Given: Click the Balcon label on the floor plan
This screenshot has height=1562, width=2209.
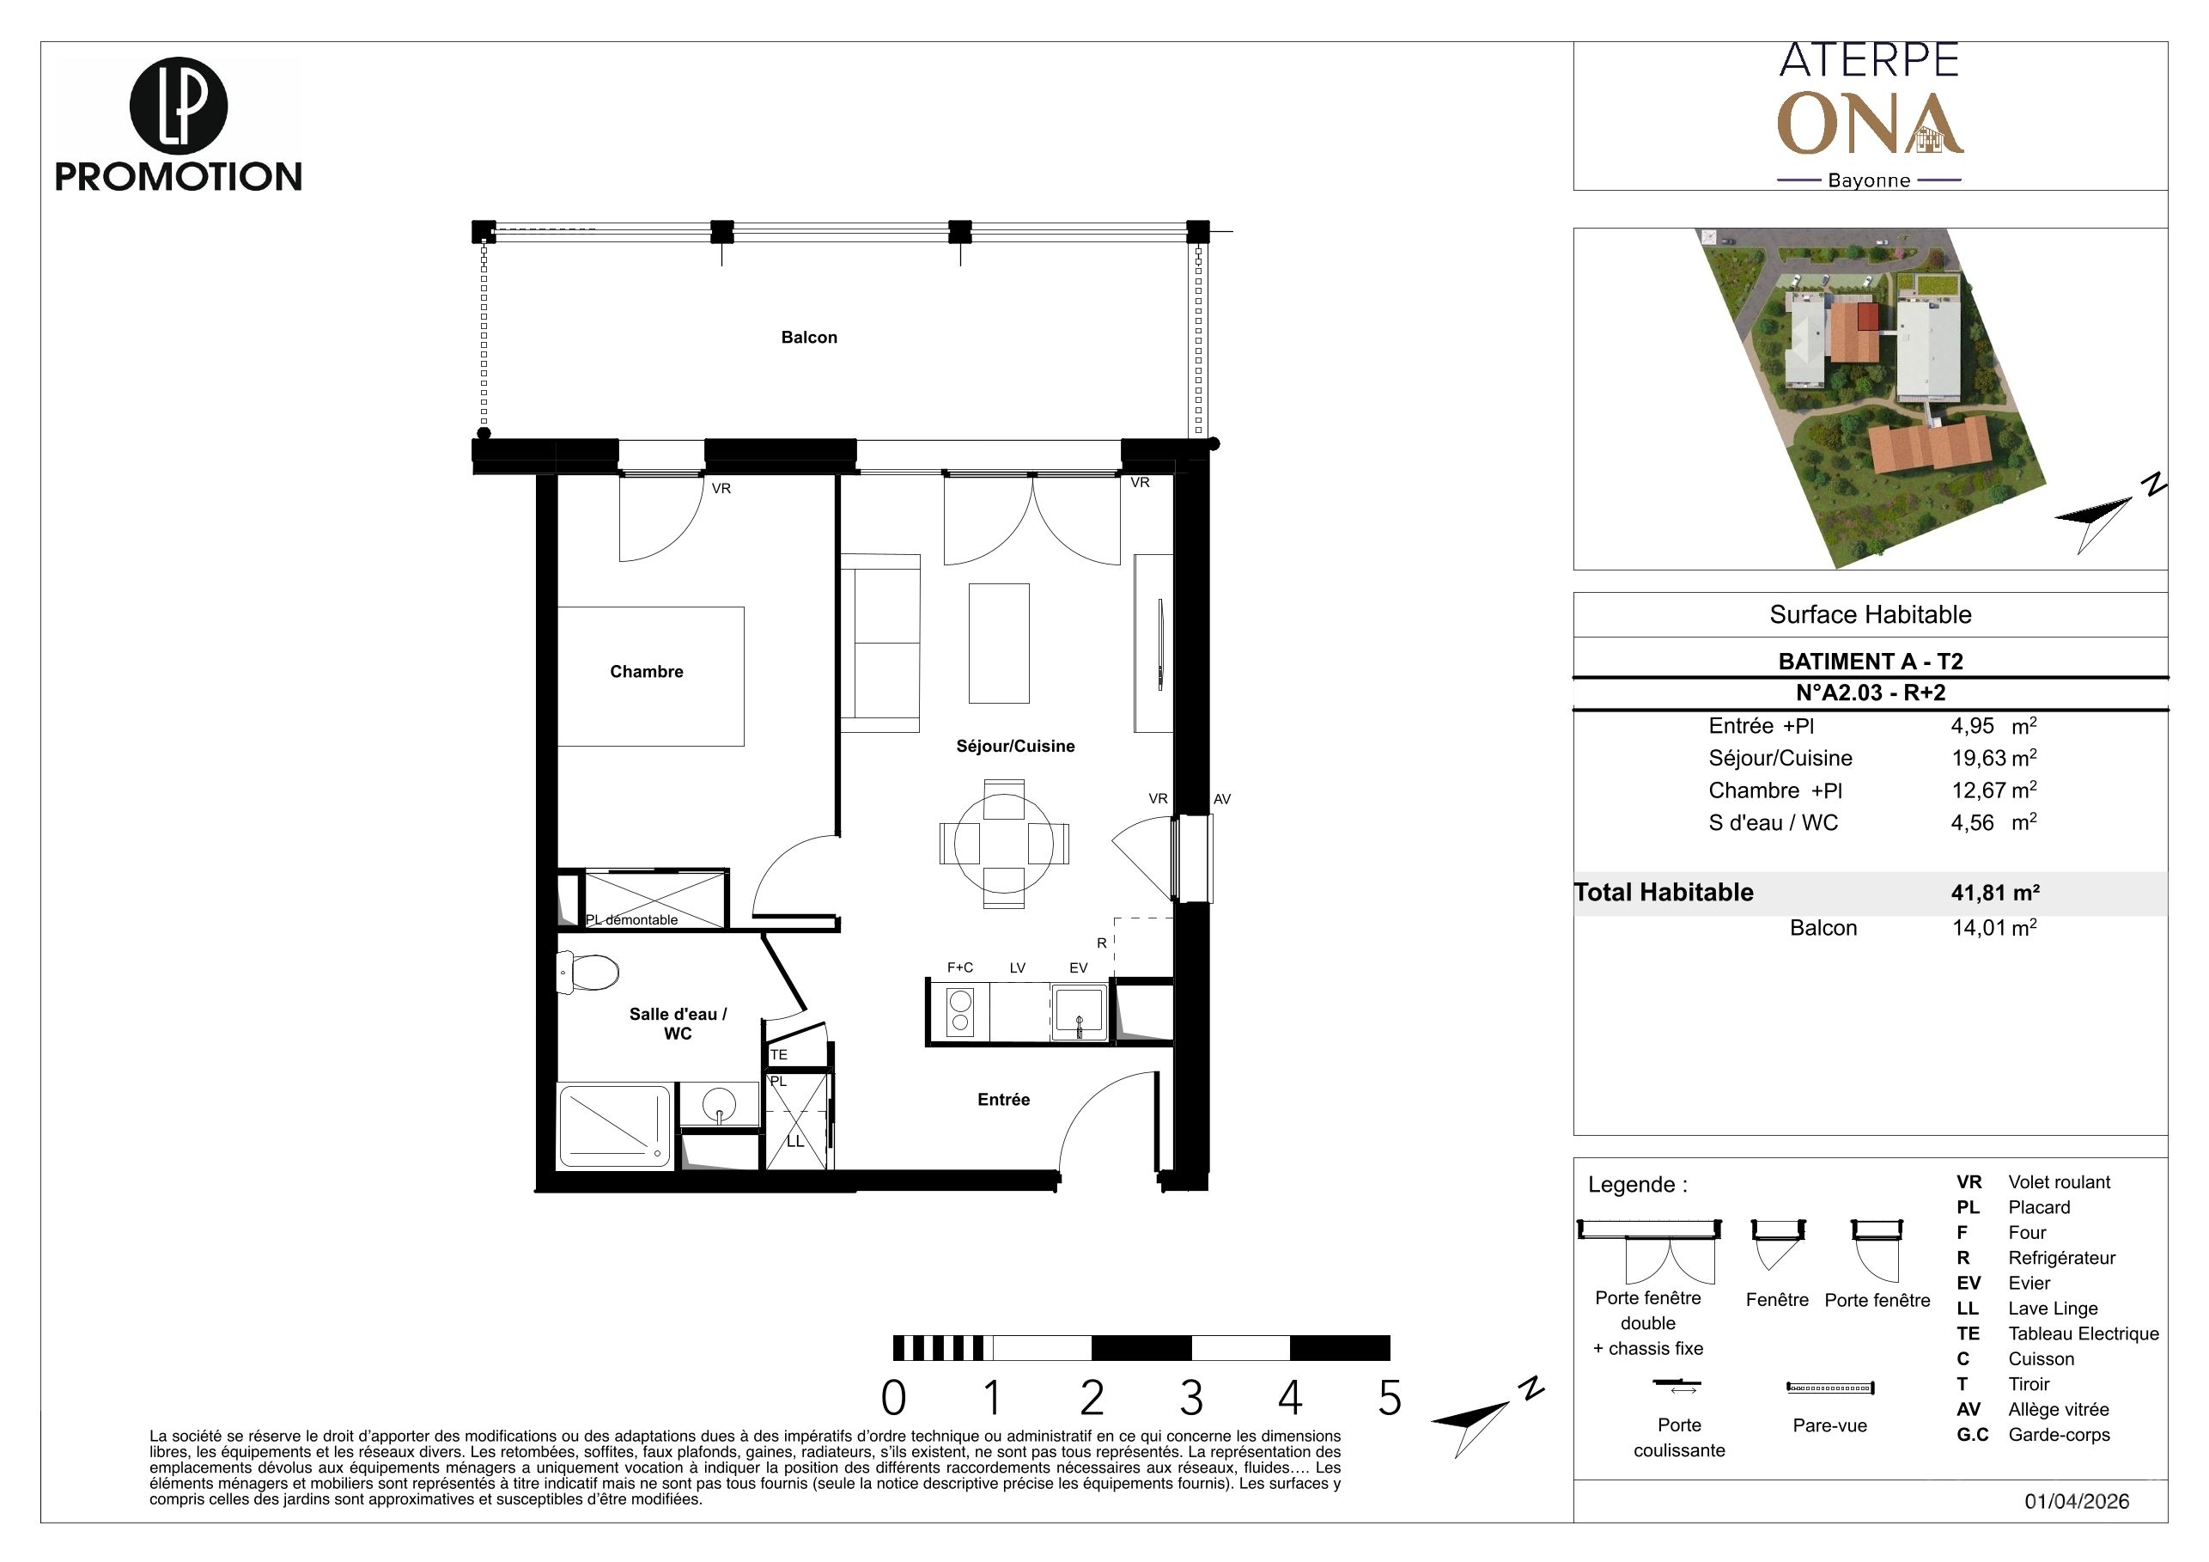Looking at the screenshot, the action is pos(809,338).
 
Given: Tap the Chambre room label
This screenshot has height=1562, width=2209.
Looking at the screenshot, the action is pos(647,672).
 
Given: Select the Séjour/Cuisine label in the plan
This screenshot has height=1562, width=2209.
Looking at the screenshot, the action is pos(1015,746).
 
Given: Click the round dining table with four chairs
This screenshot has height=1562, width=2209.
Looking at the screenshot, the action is pos(1003,843).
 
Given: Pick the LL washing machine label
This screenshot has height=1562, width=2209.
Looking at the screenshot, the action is pos(794,1141).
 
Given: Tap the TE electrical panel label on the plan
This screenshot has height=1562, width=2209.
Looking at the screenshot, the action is pos(778,1055).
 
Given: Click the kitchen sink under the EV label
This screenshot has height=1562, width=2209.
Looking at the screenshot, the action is pos(1080,1010).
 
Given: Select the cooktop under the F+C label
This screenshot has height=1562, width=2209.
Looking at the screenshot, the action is pos(959,1010).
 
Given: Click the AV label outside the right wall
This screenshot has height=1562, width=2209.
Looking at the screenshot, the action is pos(1222,799).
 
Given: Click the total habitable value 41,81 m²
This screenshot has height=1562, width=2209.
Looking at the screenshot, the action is pos(1995,892).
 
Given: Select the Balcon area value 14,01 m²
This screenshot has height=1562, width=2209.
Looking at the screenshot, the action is pos(1993,928).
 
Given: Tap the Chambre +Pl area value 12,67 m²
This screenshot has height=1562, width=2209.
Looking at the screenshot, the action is pos(1993,790).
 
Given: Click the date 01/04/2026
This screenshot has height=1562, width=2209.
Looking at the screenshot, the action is pos(2076,1501).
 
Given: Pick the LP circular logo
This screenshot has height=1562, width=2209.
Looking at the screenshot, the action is pos(178,106).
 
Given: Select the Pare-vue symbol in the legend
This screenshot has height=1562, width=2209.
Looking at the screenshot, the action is pos(1830,1388).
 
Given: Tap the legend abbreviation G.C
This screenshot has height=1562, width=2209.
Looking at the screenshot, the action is pos(1972,1434).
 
